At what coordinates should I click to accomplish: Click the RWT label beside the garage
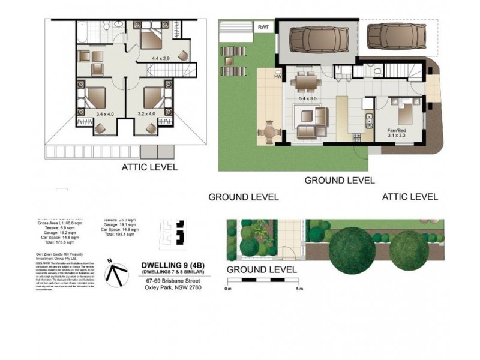click(x=263, y=27)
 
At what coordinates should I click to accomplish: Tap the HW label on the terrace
click(x=277, y=77)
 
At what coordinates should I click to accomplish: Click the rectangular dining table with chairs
click(x=307, y=79)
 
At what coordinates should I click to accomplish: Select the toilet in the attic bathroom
click(x=104, y=26)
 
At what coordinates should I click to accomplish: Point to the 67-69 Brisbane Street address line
click(x=172, y=278)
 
